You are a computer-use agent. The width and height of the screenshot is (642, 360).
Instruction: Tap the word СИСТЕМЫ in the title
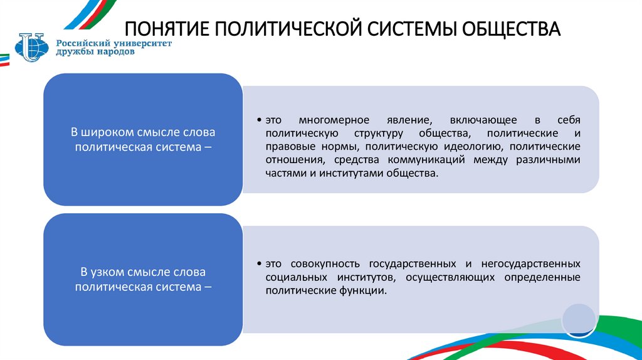coord(409,29)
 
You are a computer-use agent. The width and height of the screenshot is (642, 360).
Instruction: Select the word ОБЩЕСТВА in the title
coord(510,29)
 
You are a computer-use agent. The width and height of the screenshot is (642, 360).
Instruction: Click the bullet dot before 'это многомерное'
coord(260,120)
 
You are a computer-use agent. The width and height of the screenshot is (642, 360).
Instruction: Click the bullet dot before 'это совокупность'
coord(260,264)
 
